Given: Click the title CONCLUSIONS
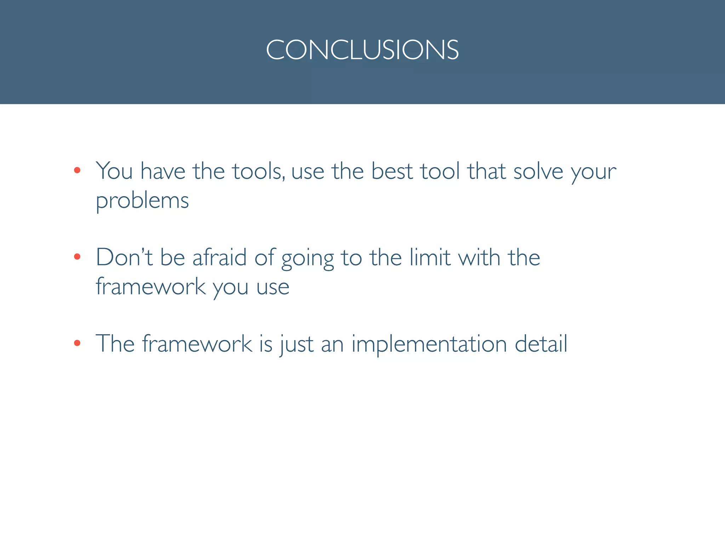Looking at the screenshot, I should [362, 50].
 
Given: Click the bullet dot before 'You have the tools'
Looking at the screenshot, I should [77, 170].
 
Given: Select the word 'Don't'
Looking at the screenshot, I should [124, 257].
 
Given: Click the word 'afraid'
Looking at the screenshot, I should [219, 257].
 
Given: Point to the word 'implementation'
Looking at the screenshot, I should [429, 344].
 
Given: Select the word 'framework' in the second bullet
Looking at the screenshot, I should [151, 287].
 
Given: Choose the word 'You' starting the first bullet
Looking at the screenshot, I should [114, 171].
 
